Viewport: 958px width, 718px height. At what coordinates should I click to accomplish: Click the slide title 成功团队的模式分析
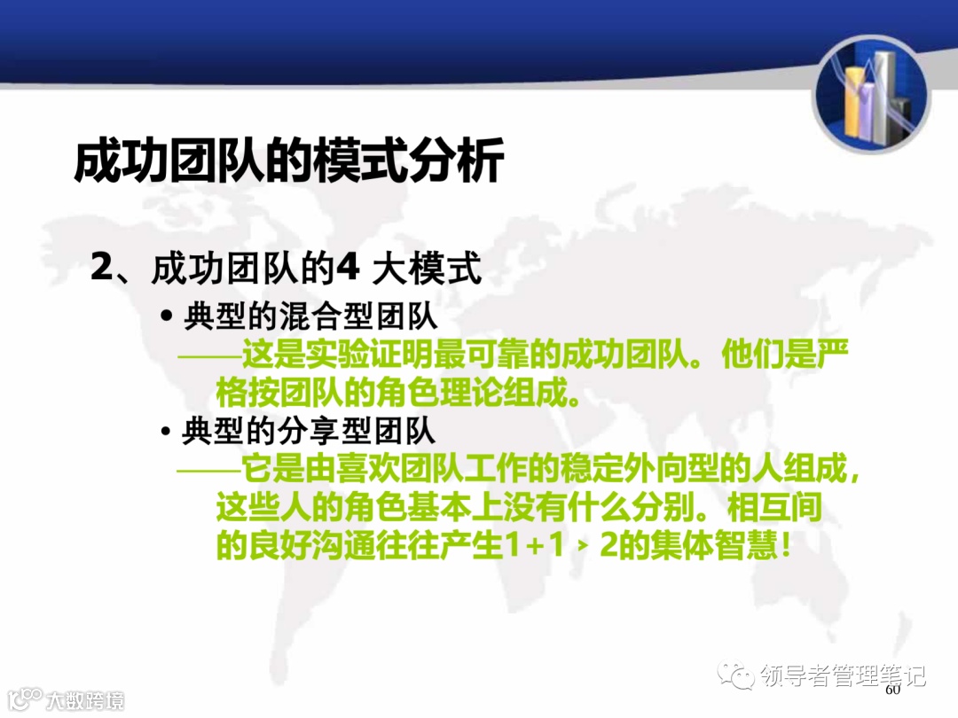tap(289, 160)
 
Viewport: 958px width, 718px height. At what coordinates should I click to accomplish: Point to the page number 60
tap(892, 690)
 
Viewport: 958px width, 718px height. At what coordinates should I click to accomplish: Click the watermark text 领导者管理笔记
tap(844, 676)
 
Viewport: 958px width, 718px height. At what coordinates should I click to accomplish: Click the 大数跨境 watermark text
tap(85, 700)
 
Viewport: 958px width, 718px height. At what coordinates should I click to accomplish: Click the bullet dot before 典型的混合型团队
tap(166, 316)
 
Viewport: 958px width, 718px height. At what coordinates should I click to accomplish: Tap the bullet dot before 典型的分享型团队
tap(166, 433)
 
